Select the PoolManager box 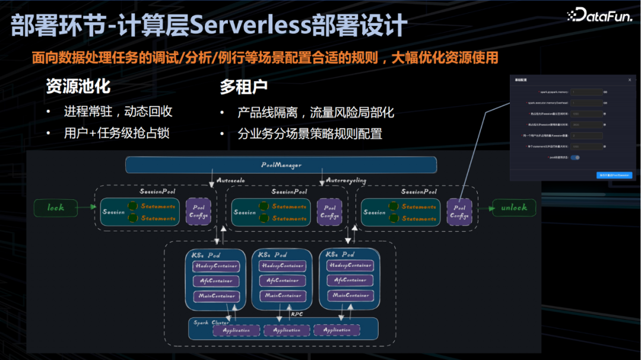(281, 165)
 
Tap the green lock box (56, 208)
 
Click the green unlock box (513, 208)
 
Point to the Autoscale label (231, 180)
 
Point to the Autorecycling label (346, 180)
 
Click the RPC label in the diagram (297, 314)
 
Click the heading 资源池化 (78, 87)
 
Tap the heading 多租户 (243, 87)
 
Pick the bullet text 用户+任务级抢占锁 (116, 133)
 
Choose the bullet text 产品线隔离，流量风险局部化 (315, 113)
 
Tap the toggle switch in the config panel (575, 157)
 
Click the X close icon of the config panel (630, 79)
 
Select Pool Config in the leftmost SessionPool (198, 212)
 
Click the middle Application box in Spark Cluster (287, 330)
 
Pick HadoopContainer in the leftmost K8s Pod (216, 266)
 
